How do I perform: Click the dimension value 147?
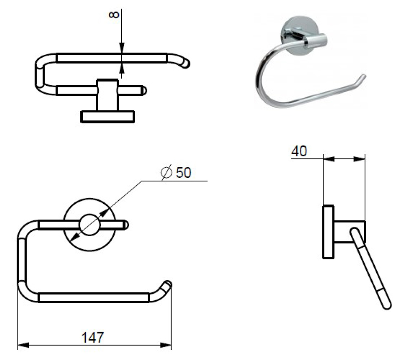coord(93,338)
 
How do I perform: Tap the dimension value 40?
coord(299,151)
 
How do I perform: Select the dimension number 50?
coord(184,172)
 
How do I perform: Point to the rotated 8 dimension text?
coord(114,15)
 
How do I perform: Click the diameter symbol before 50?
coord(166,172)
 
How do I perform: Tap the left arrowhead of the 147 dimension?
coord(23,345)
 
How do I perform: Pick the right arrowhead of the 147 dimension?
coord(166,345)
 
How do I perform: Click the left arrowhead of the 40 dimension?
coord(329,159)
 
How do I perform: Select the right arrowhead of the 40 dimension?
coord(359,159)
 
